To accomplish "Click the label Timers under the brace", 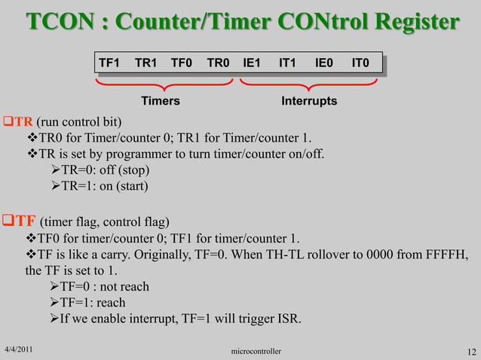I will (x=161, y=101).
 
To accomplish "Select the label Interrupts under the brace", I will (x=309, y=101).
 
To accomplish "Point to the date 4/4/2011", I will (x=20, y=349).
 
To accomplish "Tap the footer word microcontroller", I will (x=256, y=351).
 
